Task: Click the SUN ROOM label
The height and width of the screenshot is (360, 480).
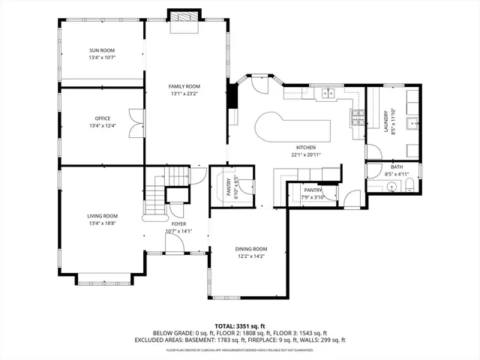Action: click(102, 50)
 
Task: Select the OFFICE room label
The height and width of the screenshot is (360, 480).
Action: click(102, 118)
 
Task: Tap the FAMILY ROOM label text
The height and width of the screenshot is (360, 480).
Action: click(184, 87)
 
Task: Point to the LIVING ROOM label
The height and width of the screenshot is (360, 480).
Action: click(102, 216)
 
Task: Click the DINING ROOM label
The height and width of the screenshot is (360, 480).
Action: click(251, 249)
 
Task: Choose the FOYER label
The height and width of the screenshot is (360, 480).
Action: click(178, 223)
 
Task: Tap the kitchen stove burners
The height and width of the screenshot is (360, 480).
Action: click(358, 117)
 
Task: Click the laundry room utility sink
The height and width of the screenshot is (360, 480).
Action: click(410, 124)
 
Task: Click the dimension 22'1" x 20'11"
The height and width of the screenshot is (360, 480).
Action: click(305, 154)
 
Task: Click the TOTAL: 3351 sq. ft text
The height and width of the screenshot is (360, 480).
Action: click(239, 325)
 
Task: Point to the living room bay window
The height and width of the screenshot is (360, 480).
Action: click(102, 281)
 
